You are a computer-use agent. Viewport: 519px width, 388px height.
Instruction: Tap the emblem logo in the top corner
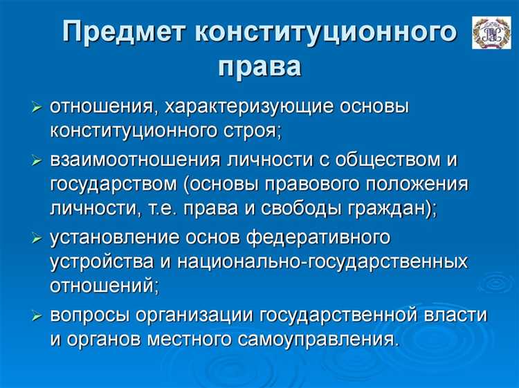(x=491, y=33)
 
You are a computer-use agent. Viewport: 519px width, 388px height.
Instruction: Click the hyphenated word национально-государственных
(x=321, y=262)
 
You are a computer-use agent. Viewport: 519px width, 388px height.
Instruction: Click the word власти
(x=456, y=315)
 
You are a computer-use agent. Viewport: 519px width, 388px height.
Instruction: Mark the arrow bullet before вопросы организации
(x=37, y=315)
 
